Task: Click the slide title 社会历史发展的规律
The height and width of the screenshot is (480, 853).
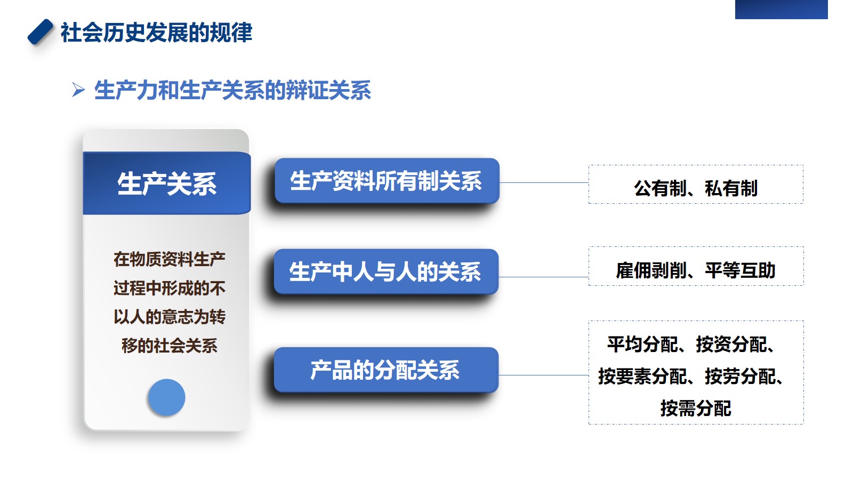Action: (x=156, y=33)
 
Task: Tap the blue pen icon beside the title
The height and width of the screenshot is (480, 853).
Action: (x=41, y=31)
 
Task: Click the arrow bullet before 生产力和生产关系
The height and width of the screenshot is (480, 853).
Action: (x=78, y=90)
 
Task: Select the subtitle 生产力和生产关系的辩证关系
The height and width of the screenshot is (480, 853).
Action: (x=232, y=90)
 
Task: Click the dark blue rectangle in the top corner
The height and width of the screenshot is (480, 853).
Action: (x=782, y=9)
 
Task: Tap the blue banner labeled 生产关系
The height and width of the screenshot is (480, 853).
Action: (x=167, y=183)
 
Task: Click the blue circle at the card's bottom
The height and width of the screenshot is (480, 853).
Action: (x=166, y=397)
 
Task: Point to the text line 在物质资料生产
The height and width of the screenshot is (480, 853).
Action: (x=170, y=259)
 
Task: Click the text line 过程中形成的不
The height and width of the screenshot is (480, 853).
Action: (x=170, y=289)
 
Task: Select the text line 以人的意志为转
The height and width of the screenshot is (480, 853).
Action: (x=170, y=317)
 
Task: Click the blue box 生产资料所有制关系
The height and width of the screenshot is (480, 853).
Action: (x=387, y=181)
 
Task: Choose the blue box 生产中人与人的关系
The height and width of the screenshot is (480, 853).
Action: (x=386, y=271)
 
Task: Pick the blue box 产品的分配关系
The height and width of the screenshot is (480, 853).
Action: (x=386, y=370)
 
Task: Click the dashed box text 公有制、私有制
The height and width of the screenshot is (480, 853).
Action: (x=696, y=188)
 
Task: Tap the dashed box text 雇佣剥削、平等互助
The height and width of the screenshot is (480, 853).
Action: (x=696, y=270)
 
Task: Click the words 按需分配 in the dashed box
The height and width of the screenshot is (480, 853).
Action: (x=696, y=409)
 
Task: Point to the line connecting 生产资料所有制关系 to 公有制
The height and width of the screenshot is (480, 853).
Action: (x=544, y=182)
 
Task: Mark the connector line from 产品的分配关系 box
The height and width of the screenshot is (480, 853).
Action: (x=544, y=375)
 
